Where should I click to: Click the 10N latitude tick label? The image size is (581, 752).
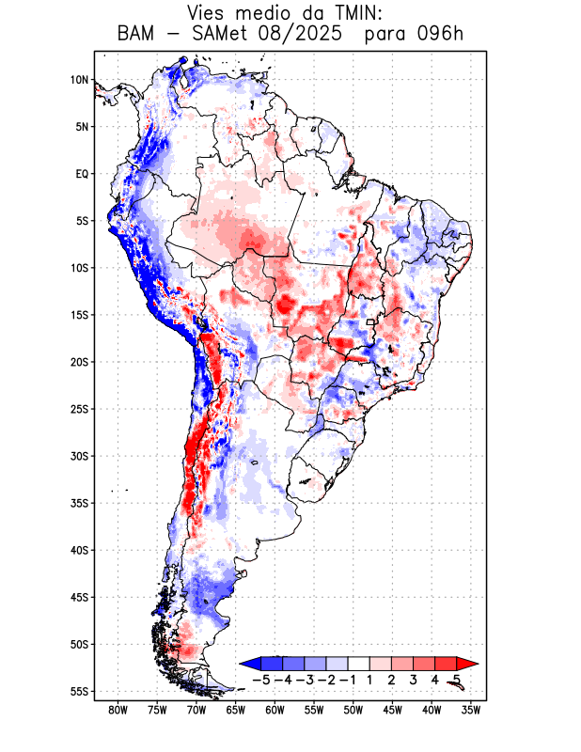[80, 80]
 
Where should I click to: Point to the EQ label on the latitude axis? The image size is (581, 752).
[82, 174]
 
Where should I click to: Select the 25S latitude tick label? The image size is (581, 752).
[80, 409]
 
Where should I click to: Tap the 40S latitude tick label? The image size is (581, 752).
[80, 550]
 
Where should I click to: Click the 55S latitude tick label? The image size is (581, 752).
[80, 691]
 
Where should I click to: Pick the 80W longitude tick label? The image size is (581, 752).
[118, 710]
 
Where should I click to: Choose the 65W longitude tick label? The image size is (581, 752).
[236, 710]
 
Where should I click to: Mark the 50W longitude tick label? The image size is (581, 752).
[353, 710]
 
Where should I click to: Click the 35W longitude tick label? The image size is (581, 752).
[471, 710]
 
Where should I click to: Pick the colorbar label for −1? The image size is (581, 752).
[349, 679]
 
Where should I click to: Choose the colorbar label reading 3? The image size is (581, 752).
[414, 679]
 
